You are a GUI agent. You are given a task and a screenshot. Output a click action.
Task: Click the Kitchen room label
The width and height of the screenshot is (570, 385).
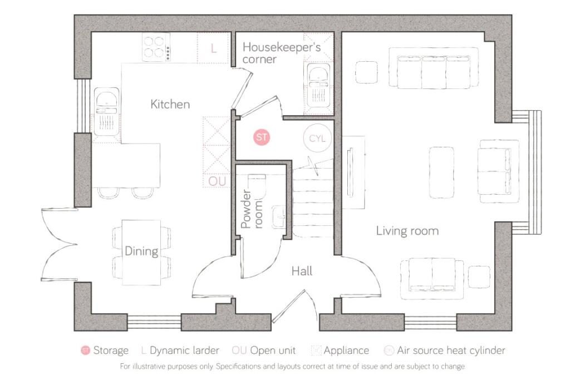170,104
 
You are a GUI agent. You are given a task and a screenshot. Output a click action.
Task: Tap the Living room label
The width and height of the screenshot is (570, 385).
407,230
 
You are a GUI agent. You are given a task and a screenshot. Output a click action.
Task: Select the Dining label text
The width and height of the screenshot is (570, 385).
141,251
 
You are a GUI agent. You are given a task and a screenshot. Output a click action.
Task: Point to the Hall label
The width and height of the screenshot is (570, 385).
302,271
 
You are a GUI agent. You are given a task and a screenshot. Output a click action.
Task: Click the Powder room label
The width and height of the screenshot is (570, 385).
252,210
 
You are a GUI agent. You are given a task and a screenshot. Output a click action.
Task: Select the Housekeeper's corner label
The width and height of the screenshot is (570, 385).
281,52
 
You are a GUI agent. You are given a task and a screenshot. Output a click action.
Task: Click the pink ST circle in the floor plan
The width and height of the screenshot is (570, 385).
262,137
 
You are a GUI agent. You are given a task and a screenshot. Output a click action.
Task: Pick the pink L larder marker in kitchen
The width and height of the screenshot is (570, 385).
213,48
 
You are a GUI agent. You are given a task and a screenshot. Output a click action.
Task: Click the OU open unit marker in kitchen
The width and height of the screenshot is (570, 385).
217,181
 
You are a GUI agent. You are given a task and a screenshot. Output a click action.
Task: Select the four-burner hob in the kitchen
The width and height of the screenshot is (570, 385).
156,47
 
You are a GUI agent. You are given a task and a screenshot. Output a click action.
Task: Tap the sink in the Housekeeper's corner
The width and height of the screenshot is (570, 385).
318,83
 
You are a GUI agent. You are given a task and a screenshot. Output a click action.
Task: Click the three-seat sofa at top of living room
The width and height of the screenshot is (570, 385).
433,68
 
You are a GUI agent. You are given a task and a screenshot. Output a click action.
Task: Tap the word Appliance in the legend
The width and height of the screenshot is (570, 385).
346,351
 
